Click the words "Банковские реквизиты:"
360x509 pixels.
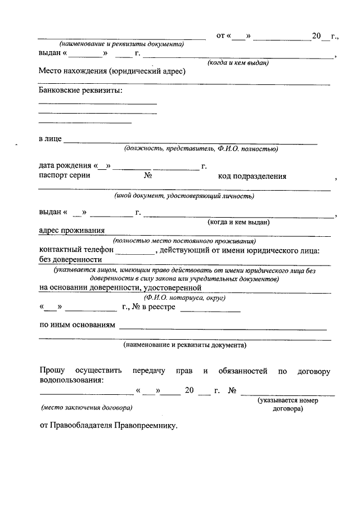[x=80, y=90]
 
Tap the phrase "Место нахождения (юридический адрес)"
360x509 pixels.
[x=112, y=71]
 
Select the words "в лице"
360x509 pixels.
[x=49, y=138]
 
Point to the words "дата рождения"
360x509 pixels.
[x=65, y=166]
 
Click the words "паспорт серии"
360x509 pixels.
[x=65, y=176]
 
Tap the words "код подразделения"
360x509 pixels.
[x=252, y=176]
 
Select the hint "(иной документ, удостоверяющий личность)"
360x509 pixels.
[x=184, y=196]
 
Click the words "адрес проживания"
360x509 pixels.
[x=71, y=229]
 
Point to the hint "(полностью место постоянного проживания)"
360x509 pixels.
[x=184, y=241]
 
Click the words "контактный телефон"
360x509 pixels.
[x=76, y=249]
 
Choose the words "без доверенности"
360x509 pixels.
[x=70, y=259]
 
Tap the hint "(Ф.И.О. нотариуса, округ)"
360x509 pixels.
[x=184, y=298]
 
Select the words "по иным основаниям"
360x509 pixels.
[x=77, y=325]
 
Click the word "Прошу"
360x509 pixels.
[x=52, y=371]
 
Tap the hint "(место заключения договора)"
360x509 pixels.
[x=87, y=406]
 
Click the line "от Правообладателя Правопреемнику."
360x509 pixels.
[x=108, y=426]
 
